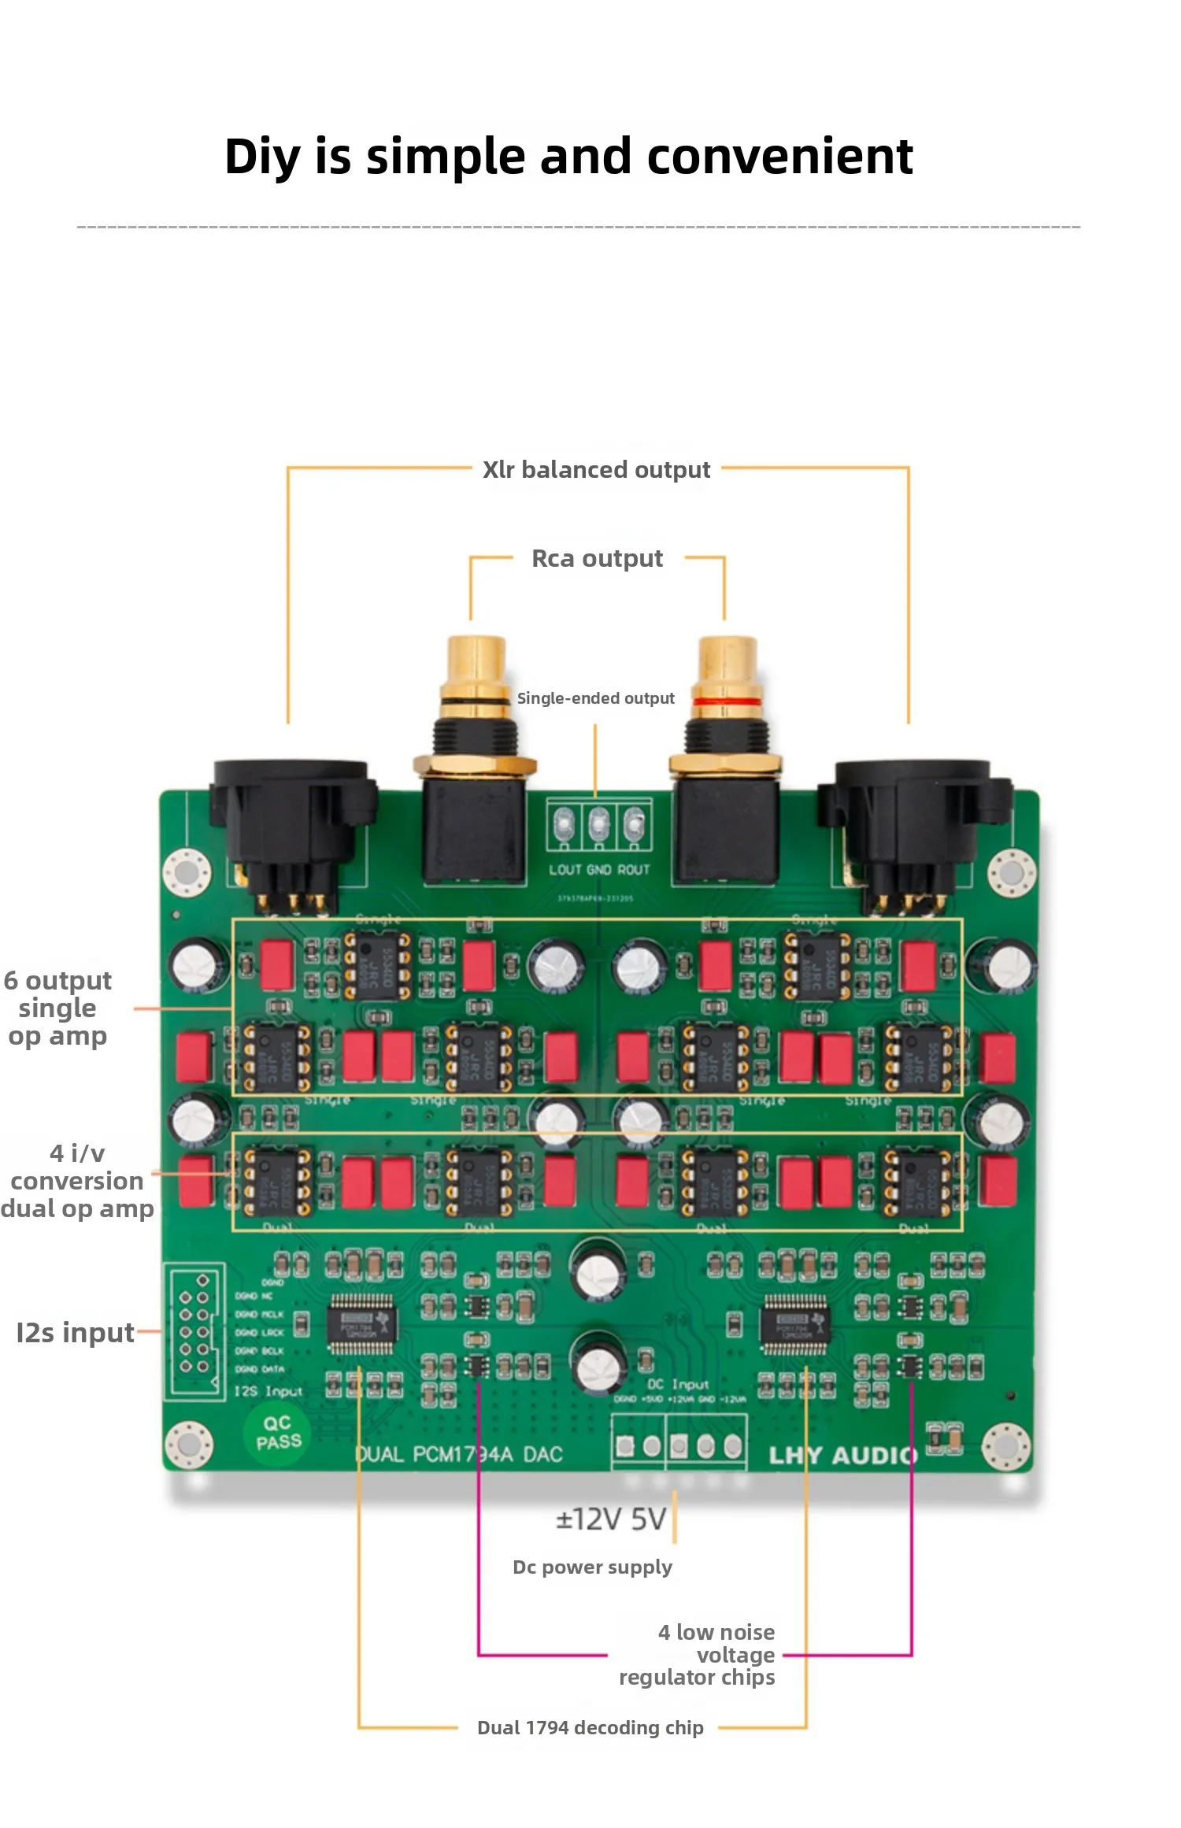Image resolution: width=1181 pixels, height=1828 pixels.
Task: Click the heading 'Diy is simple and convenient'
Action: click(568, 156)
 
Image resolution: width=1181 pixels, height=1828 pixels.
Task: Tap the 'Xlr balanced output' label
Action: click(596, 470)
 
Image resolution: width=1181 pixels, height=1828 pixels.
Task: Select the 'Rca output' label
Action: click(597, 559)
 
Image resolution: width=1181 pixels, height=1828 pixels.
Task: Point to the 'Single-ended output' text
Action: click(595, 698)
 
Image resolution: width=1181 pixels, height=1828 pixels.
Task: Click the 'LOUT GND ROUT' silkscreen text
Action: click(599, 870)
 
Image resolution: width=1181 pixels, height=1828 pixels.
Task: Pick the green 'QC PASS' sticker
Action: click(277, 1432)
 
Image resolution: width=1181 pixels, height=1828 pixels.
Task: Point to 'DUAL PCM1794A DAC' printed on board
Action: click(459, 1454)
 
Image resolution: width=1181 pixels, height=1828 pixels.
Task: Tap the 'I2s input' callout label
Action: click(75, 1333)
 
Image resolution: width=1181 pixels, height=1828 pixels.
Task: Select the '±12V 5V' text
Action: click(611, 1519)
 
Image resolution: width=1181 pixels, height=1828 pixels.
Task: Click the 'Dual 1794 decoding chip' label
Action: click(590, 1727)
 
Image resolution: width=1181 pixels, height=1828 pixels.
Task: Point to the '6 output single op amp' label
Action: click(57, 1008)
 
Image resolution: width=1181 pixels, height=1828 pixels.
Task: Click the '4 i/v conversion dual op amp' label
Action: click(76, 1181)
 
